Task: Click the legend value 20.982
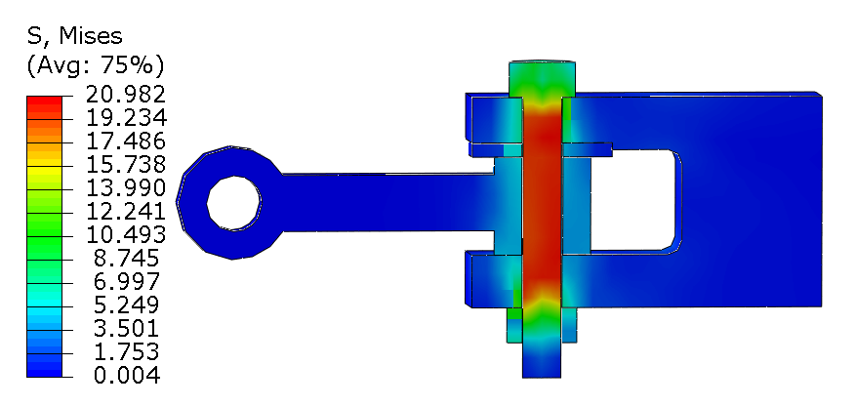tap(126, 95)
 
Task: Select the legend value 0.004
tap(127, 376)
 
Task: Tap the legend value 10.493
tap(126, 235)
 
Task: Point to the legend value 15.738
tap(126, 165)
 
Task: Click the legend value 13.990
tap(126, 188)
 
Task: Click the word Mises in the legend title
tap(91, 36)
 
